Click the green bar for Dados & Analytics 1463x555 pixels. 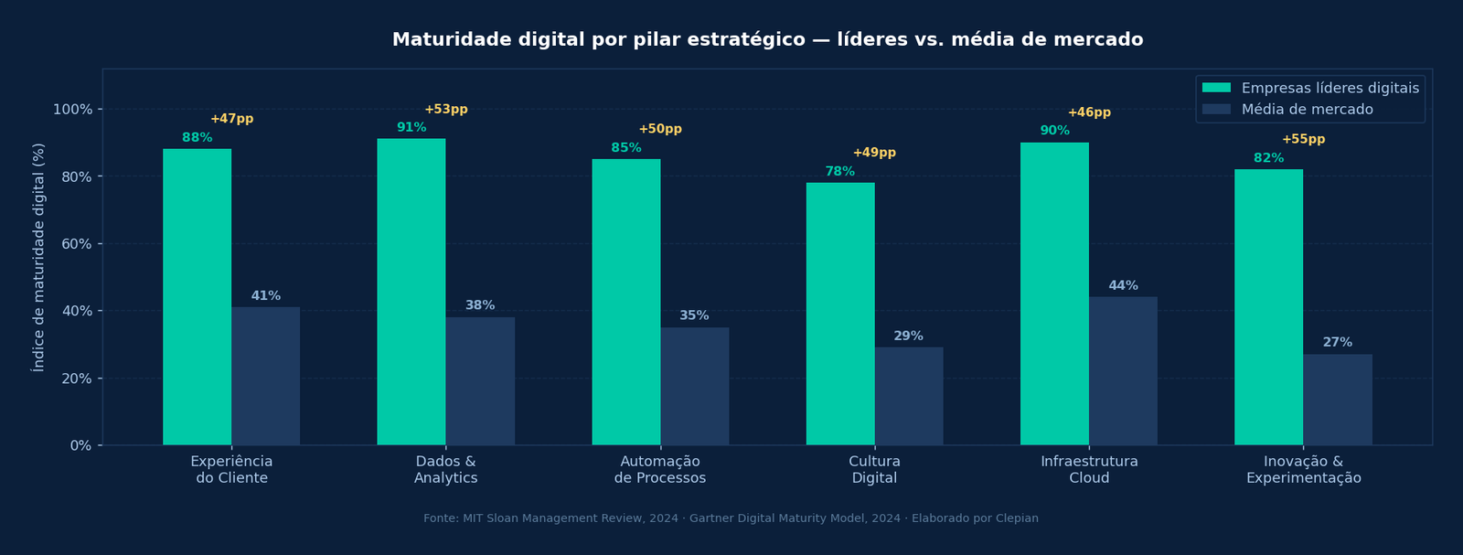tap(411, 293)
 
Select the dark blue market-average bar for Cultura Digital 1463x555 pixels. tap(909, 396)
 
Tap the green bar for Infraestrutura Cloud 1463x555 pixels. tap(1054, 294)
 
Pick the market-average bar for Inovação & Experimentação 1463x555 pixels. tap(1338, 400)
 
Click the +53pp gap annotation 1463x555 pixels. tap(446, 110)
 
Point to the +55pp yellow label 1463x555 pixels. tap(1303, 140)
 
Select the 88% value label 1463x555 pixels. tap(197, 138)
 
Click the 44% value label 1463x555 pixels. tap(1123, 286)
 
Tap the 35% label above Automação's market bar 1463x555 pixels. tap(694, 316)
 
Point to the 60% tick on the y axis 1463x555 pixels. tap(73, 244)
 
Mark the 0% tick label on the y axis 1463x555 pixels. tap(80, 445)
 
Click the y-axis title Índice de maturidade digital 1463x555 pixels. tap(38, 257)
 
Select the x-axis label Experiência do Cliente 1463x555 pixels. tap(231, 469)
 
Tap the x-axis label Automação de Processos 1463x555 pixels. tap(660, 469)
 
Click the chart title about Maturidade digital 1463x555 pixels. tap(767, 40)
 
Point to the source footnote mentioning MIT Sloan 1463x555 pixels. tap(731, 518)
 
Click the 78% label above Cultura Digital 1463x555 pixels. tap(839, 172)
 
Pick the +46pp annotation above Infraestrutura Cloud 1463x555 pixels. tap(1089, 113)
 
